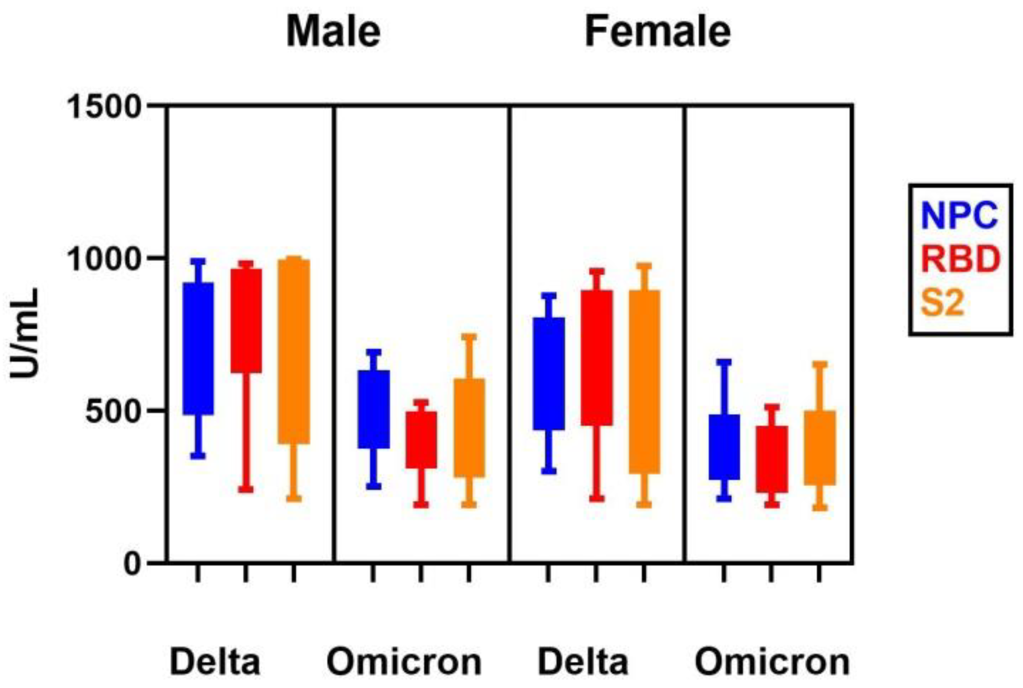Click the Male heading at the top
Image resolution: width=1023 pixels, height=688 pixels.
tap(333, 31)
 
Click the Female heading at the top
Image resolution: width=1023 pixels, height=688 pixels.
tap(657, 31)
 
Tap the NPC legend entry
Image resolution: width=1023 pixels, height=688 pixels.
tap(959, 215)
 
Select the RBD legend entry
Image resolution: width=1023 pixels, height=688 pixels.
tap(960, 259)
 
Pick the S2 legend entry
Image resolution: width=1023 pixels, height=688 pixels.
tap(942, 303)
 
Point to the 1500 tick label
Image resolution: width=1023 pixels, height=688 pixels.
tap(104, 107)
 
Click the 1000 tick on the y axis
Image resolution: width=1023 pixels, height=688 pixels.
tap(104, 259)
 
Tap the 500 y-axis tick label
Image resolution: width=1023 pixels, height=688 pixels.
tap(113, 411)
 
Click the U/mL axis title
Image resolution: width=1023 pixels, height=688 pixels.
tap(25, 333)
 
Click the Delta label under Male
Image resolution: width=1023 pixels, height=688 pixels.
tap(215, 662)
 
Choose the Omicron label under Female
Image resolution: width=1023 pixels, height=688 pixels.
tap(772, 662)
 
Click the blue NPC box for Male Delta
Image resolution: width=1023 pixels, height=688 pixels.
tap(198, 349)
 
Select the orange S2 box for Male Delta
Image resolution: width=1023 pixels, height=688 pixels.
tap(294, 351)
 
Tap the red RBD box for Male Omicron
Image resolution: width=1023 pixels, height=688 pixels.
tap(421, 440)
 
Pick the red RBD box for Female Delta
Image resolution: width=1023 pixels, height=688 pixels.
tap(597, 358)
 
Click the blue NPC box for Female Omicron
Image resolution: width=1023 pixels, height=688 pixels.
tap(724, 447)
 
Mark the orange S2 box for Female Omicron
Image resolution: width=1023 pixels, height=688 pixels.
tap(820, 448)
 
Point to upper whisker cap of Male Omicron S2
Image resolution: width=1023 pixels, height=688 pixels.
tap(469, 337)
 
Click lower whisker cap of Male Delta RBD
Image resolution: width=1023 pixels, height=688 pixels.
tap(246, 489)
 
